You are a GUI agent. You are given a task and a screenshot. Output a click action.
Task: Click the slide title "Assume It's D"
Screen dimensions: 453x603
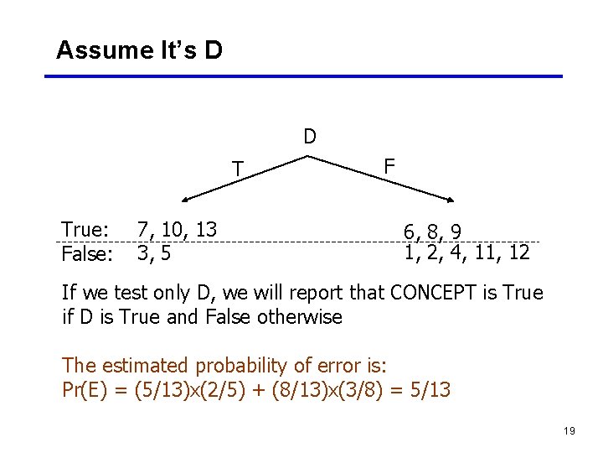coord(139,50)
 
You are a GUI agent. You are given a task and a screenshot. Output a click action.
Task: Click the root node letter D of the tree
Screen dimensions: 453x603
coord(310,137)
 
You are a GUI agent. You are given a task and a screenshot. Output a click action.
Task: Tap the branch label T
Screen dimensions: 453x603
coord(238,169)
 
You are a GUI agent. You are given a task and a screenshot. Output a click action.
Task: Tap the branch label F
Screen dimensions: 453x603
coord(389,166)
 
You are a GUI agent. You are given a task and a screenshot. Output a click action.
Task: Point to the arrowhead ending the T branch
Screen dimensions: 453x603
coord(186,200)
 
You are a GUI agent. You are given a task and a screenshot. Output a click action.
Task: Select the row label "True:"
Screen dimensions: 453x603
coord(85,230)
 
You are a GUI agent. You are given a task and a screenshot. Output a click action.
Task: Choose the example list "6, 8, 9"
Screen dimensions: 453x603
coord(432,231)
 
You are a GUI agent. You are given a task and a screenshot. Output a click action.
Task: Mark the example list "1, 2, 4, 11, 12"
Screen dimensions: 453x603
coord(466,253)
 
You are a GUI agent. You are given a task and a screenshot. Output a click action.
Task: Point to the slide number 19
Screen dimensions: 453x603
coord(569,430)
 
